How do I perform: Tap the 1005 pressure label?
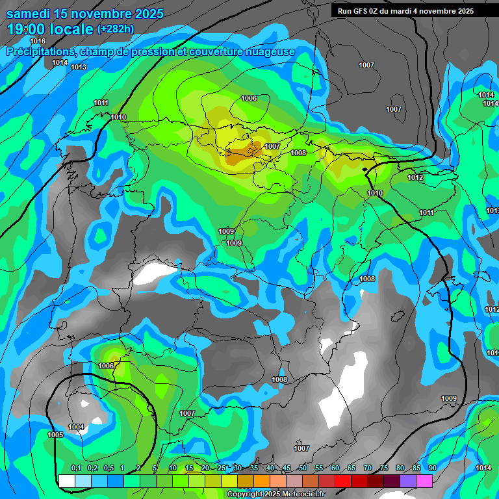coord(55,435)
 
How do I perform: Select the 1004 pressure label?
coord(76,427)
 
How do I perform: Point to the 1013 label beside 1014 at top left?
coord(79,67)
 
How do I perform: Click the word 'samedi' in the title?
coord(29,14)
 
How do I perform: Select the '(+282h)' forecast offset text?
coord(115,29)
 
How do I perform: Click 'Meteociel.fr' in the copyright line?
coord(300,494)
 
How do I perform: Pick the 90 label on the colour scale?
coord(433,468)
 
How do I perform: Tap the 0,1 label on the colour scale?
coord(76,468)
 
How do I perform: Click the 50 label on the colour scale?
coord(303,468)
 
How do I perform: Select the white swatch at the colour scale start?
coord(66,481)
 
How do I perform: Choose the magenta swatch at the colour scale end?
coord(424,481)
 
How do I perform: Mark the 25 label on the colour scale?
coord(222,468)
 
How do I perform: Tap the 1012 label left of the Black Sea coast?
coord(415,177)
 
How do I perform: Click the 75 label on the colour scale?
coord(384,468)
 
